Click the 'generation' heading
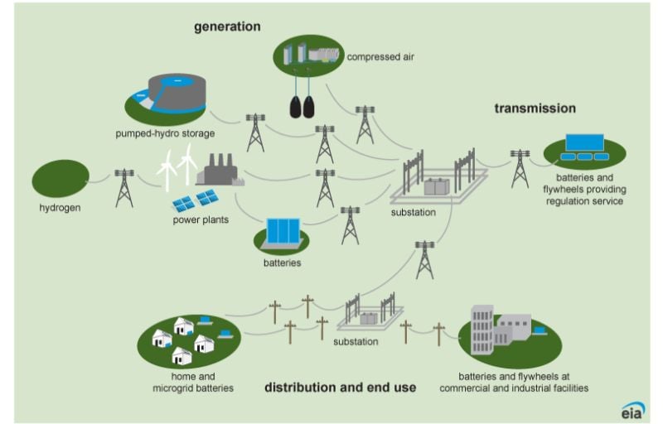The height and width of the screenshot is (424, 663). pyautogui.click(x=227, y=26)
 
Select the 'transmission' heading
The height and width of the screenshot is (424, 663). pyautogui.click(x=535, y=108)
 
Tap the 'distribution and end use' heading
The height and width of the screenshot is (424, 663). pyautogui.click(x=340, y=387)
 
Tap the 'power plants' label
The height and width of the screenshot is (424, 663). pyautogui.click(x=200, y=220)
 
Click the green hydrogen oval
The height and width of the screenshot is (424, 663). pyautogui.click(x=60, y=178)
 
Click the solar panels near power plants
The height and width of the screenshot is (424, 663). pyautogui.click(x=196, y=200)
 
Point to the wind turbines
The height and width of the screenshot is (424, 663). pyautogui.click(x=177, y=164)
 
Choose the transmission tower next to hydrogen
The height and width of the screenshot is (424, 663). pyautogui.click(x=123, y=187)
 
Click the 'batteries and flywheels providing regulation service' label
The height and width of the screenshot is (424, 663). pyautogui.click(x=584, y=189)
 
